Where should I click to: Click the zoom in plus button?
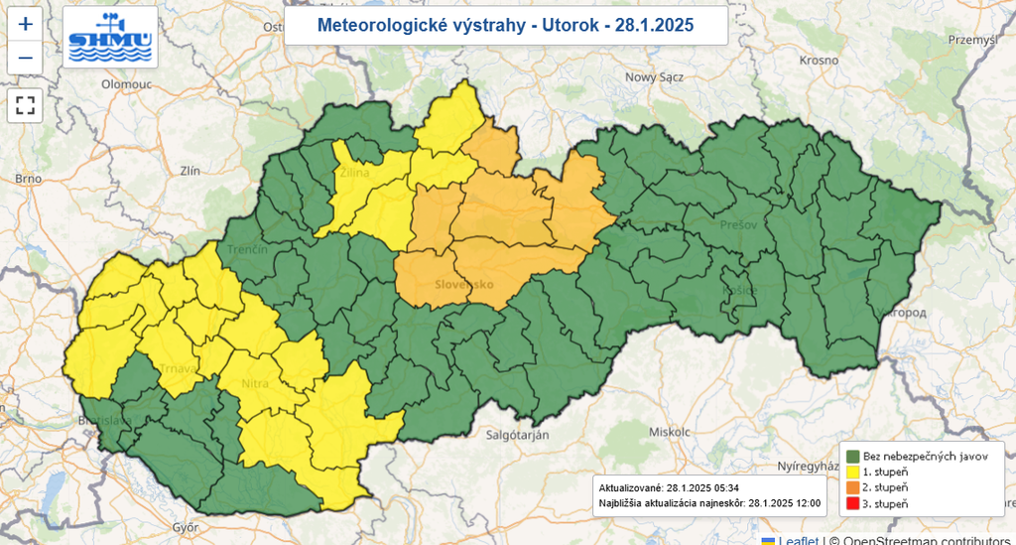pyautogui.click(x=26, y=23)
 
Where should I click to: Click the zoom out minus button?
pyautogui.click(x=26, y=58)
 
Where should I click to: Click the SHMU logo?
pyautogui.click(x=110, y=38)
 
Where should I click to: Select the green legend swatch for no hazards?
pyautogui.click(x=852, y=456)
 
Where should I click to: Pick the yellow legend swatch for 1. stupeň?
pyautogui.click(x=852, y=472)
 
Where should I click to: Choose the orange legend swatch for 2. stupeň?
pyautogui.click(x=852, y=487)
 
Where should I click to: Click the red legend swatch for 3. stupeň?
pyautogui.click(x=852, y=503)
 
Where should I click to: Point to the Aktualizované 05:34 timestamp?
pyautogui.click(x=668, y=488)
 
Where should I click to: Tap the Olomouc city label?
pyautogui.click(x=125, y=85)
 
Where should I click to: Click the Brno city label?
pyautogui.click(x=27, y=179)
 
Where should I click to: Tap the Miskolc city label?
pyautogui.click(x=668, y=433)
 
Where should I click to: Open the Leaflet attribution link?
pyautogui.click(x=798, y=540)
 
